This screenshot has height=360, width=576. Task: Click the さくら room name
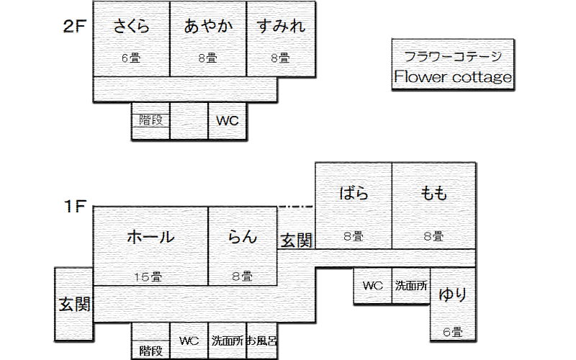click(x=132, y=27)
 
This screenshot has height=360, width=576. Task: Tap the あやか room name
click(x=209, y=27)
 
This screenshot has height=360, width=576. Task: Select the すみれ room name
click(x=281, y=27)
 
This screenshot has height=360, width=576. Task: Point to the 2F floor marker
click(x=75, y=27)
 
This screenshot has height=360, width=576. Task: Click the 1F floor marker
click(x=75, y=207)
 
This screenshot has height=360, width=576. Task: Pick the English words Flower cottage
click(x=453, y=77)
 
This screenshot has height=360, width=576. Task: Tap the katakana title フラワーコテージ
click(x=452, y=56)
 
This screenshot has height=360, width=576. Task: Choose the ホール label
click(x=150, y=237)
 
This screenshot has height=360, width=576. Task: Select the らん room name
click(x=243, y=237)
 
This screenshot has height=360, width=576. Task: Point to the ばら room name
click(x=354, y=193)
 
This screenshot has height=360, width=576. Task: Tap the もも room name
click(x=434, y=193)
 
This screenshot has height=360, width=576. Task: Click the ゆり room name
click(x=453, y=294)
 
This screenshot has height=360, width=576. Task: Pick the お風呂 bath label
click(x=262, y=341)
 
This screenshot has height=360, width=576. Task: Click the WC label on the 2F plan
click(x=228, y=121)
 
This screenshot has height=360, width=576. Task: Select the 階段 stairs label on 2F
click(x=150, y=121)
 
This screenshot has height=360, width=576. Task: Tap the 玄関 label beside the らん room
click(x=296, y=240)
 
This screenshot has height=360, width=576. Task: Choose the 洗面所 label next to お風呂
click(x=227, y=341)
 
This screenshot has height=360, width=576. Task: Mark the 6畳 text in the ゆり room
click(x=452, y=333)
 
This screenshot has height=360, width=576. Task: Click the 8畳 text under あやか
click(x=207, y=59)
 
